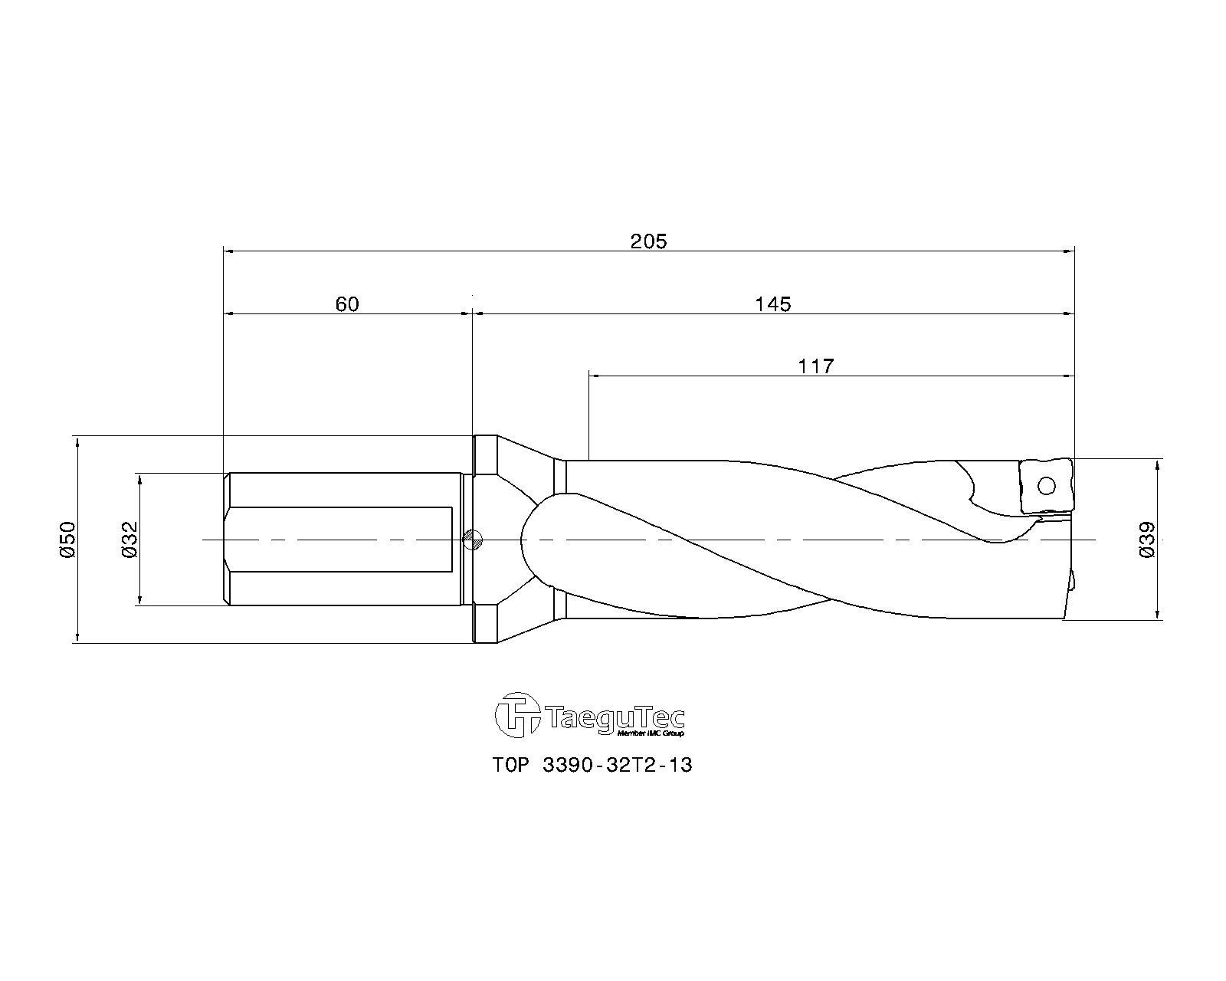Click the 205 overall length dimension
(x=648, y=241)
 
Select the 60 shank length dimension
(x=347, y=303)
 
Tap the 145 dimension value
(x=773, y=303)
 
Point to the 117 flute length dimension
(x=816, y=366)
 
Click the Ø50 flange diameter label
(x=67, y=540)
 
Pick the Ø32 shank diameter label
(x=130, y=540)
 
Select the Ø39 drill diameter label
(x=1148, y=540)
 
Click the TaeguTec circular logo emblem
(x=517, y=715)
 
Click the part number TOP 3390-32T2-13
(x=592, y=765)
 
